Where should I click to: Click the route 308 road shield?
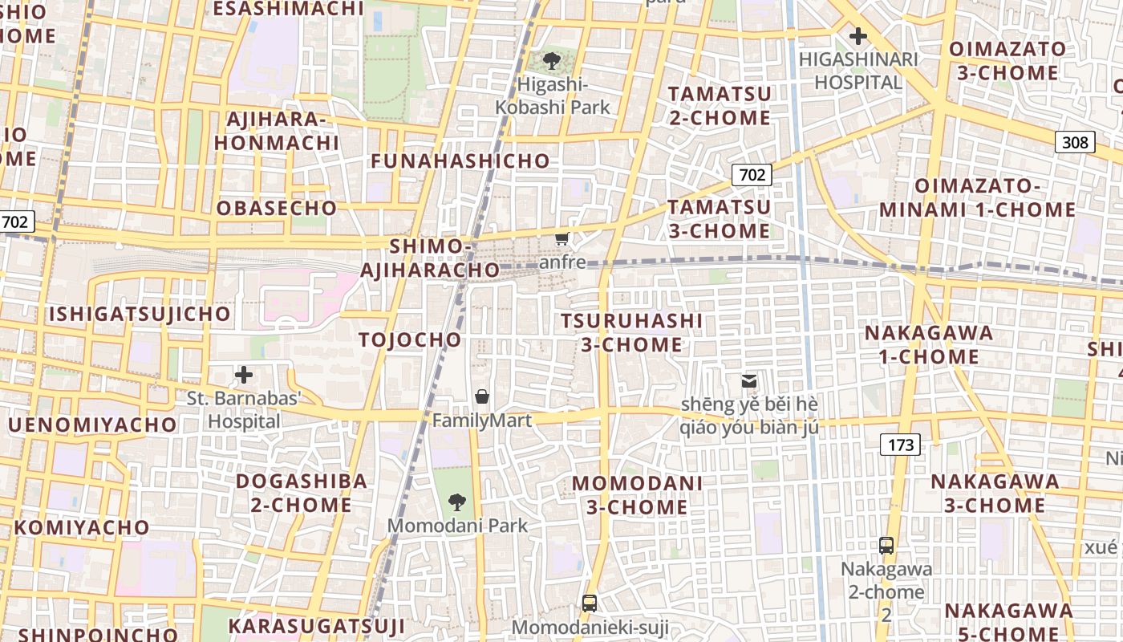[1074, 142]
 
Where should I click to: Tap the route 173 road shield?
[900, 444]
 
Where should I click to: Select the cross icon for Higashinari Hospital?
[858, 36]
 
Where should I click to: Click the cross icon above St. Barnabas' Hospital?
[244, 375]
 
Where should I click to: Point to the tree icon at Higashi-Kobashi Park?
[551, 61]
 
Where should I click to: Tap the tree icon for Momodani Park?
[457, 502]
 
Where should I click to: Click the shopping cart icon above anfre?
[562, 238]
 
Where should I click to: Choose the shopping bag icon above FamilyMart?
[482, 396]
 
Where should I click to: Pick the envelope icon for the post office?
[748, 381]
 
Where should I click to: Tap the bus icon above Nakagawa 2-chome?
[886, 546]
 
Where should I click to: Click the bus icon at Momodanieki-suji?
[590, 603]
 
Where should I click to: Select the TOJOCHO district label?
[410, 339]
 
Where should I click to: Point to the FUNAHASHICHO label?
[460, 160]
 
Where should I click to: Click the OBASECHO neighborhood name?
[277, 208]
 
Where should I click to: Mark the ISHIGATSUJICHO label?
[140, 313]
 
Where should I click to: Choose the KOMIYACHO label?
[82, 527]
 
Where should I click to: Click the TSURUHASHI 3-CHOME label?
[631, 332]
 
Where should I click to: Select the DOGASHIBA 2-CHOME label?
[301, 493]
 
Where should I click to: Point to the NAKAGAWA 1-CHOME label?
[928, 344]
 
